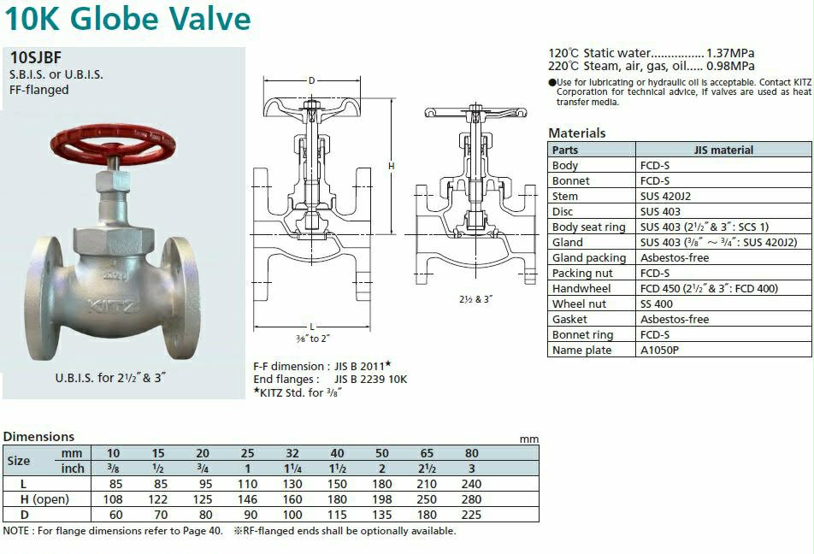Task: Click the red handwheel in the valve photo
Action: [113, 143]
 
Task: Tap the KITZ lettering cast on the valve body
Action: [113, 306]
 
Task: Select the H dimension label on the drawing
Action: [391, 166]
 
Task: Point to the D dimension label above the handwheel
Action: [311, 80]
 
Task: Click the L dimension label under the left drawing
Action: [312, 327]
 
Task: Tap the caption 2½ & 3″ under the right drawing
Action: [475, 299]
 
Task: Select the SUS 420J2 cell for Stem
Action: [665, 197]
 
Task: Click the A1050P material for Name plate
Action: [659, 350]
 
